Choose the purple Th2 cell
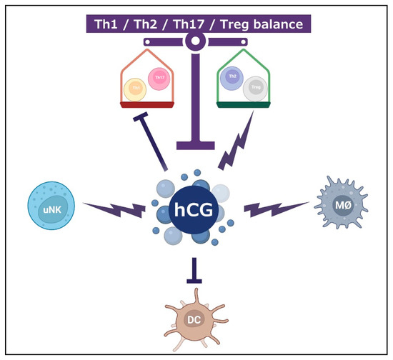(232, 78)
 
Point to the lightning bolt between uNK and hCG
(114, 209)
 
